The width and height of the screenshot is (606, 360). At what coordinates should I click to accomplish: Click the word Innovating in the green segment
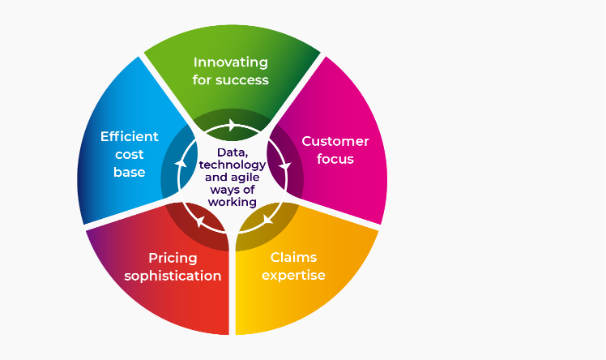pos(231,63)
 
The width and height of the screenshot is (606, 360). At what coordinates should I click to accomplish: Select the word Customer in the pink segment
pos(335,141)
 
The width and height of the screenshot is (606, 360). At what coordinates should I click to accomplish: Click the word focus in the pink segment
pos(335,159)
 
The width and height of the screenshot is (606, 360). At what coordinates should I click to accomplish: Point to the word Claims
pos(293,257)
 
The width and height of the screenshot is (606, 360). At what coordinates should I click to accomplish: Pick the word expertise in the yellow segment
pos(293,276)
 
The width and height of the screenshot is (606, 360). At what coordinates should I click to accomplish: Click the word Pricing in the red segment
pos(173,259)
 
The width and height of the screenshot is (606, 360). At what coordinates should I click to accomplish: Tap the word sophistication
pos(173,276)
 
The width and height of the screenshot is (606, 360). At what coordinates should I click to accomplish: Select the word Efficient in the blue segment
pos(130,136)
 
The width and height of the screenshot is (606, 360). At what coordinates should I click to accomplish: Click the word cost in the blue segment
pos(130,155)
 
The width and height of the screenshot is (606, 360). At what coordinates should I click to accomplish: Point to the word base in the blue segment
pos(130,172)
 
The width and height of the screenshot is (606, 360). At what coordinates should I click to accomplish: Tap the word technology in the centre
pos(233,165)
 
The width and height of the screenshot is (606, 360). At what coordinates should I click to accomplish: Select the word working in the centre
pos(233,202)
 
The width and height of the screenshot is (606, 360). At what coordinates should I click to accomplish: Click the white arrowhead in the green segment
pos(232,125)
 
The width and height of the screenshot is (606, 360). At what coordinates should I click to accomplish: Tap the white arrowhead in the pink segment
pos(285,166)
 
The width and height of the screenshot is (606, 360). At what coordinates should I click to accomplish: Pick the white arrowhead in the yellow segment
pos(268,220)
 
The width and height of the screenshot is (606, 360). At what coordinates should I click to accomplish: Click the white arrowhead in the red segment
pos(199,221)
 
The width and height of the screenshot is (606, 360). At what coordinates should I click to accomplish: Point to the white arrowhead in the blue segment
pos(181,164)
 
